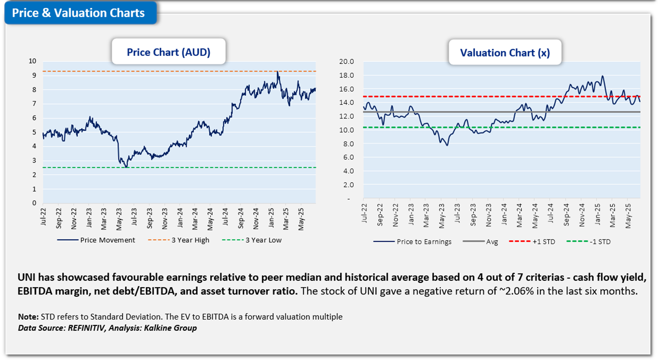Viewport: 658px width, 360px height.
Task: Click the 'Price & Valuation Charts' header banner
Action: click(79, 13)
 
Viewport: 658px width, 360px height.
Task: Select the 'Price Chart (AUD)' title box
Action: click(168, 52)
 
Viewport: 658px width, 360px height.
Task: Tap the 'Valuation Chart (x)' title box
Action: click(505, 53)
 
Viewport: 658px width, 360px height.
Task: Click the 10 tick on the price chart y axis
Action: click(33, 61)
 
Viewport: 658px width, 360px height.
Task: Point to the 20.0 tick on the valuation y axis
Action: click(346, 62)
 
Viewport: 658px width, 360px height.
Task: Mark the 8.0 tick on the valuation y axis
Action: click(348, 144)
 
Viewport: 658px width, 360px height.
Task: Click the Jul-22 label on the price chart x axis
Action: click(43, 216)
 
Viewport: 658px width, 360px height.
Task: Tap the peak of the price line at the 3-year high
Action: click(277, 72)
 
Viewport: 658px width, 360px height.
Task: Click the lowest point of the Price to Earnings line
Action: click(447, 145)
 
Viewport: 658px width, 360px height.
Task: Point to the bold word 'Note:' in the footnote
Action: click(28, 317)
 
